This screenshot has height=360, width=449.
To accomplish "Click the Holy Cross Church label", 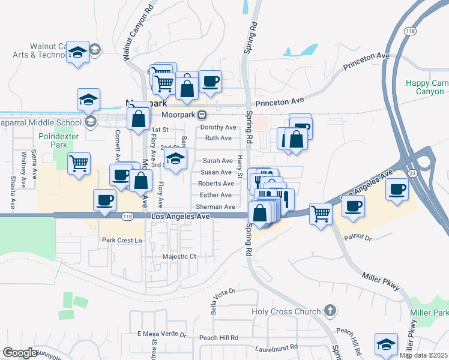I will pos(286,311).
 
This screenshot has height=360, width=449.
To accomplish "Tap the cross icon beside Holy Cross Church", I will pos(329,311).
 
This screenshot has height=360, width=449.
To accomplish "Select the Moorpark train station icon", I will pos(203,115).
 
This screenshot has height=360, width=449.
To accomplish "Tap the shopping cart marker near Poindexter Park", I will pos(79,163).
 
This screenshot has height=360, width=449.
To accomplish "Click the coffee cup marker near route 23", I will pos(397,191).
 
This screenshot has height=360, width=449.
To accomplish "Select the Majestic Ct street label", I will pos(179,257).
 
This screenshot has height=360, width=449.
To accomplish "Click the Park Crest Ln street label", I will pos(122,241).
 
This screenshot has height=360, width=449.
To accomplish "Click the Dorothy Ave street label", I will pos(218,127).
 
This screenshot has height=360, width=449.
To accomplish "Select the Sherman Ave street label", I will pos(215,207).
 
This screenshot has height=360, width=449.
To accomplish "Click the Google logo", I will pos(20,353).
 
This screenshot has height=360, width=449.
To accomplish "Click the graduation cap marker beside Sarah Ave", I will pos(175,158).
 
